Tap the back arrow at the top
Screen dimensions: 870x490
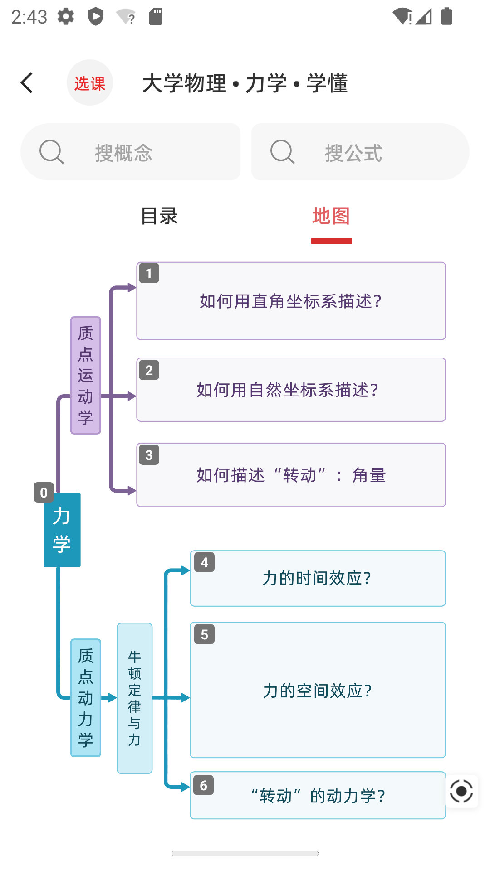27,83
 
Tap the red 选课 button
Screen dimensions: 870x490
90,83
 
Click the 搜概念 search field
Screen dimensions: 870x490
131,152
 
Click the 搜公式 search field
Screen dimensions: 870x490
360,152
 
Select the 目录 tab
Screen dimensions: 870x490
159,216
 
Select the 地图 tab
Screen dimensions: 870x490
331,216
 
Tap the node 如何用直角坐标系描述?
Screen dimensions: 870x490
291,301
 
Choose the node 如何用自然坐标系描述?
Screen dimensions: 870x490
291,390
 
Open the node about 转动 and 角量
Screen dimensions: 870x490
291,475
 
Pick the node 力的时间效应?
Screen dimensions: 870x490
318,579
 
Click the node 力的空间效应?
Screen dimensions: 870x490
318,690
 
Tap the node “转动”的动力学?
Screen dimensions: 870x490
318,796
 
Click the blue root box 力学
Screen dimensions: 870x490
62,530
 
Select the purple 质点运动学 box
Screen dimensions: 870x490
86,376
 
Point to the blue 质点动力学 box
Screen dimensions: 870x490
86,698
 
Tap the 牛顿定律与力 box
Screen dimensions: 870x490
135,698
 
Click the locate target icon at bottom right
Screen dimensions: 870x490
461,791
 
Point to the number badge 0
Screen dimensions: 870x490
44,493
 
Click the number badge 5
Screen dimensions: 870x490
204,634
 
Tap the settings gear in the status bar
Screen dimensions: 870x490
66,17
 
